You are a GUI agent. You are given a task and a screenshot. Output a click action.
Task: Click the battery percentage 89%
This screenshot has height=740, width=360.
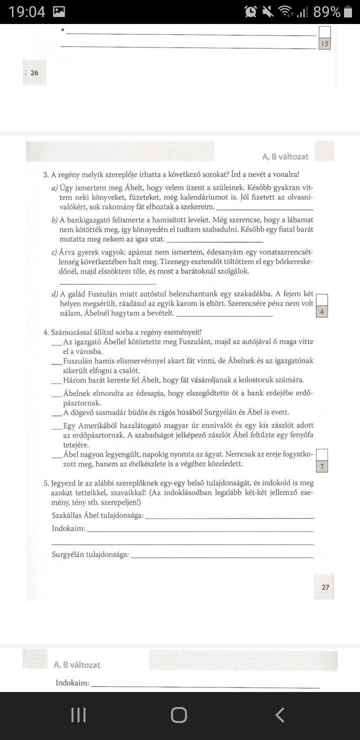pos(327,11)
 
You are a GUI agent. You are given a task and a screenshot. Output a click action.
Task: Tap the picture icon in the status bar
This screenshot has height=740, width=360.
pos(59,11)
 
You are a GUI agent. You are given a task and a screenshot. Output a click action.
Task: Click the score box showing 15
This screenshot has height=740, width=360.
pos(324,44)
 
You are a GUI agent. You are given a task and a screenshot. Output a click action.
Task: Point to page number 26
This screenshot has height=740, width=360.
pos(34,72)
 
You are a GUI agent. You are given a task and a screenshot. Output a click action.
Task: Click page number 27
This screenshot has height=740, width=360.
pos(325,587)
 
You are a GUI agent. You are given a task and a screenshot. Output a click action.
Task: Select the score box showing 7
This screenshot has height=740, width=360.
pos(322,467)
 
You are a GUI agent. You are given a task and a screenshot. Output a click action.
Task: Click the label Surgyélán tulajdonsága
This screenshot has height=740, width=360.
pos(90,554)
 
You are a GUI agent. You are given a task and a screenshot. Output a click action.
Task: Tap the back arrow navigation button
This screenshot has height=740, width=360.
pos(280,715)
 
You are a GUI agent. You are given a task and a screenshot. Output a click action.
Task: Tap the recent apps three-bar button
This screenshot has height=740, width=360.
pos(78,715)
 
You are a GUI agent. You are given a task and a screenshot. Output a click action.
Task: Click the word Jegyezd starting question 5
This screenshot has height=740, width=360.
pos(66,483)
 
